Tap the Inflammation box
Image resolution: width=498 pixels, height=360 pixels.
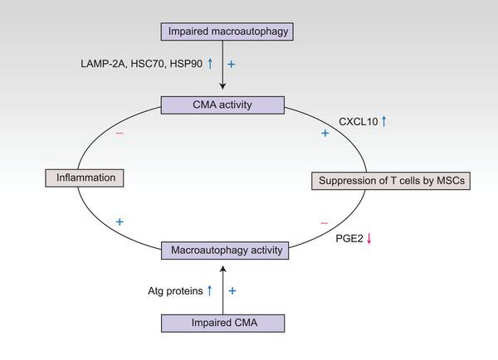(84, 178)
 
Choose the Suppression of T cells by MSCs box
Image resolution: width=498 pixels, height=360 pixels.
(390, 181)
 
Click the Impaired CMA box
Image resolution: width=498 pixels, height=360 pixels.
(222, 323)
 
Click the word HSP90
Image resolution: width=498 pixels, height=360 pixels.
(187, 64)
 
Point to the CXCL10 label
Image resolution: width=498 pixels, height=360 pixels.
(358, 122)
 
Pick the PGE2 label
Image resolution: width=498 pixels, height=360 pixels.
(349, 239)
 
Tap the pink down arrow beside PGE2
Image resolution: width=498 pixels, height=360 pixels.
(370, 239)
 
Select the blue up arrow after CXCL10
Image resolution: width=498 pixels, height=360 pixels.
(383, 122)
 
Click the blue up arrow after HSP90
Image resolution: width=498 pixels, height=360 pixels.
(211, 64)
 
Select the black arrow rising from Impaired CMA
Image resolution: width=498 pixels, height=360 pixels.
(222, 286)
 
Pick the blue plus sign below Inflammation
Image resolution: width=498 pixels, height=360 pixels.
(120, 221)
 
